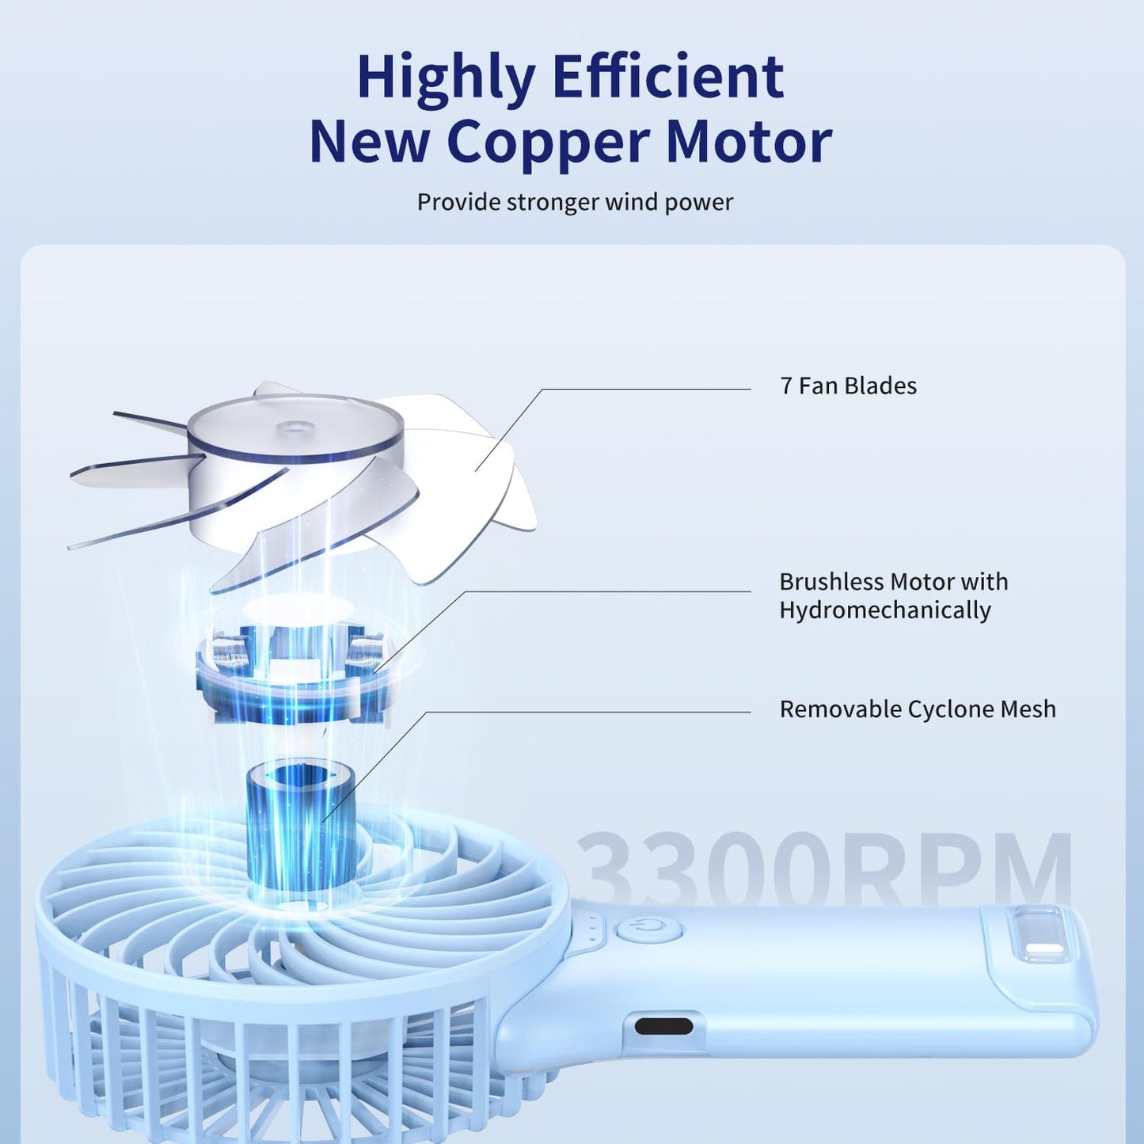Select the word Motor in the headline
click(748, 143)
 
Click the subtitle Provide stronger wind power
click(575, 202)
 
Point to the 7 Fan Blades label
click(848, 386)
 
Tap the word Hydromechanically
click(884, 610)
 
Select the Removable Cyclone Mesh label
click(917, 709)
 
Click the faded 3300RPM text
click(823, 868)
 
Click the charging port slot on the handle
click(663, 1027)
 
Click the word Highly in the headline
click(446, 77)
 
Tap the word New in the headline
click(369, 143)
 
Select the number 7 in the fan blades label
click(785, 386)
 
